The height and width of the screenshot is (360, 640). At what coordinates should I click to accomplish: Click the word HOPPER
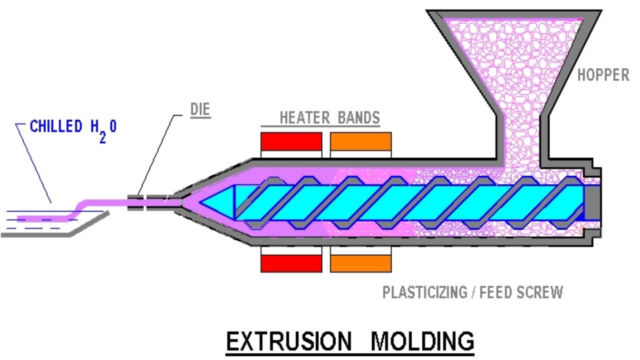click(603, 75)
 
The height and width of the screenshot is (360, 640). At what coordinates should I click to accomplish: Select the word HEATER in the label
click(303, 118)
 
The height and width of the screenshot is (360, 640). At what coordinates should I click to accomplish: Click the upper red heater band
click(291, 141)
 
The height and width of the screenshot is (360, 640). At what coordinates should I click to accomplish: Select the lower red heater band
click(291, 263)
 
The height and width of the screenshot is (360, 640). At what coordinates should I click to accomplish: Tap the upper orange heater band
click(360, 141)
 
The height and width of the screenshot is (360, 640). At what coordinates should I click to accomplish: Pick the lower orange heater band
click(360, 263)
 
